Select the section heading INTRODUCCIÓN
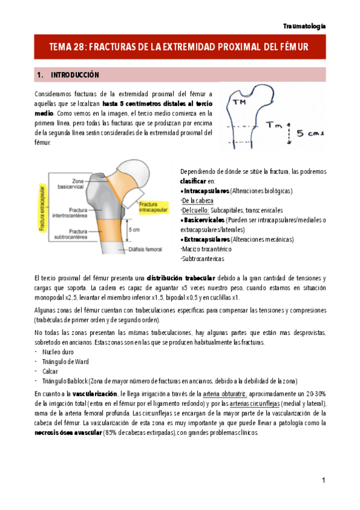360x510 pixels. click(75, 75)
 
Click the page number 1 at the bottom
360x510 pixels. click(323, 480)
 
